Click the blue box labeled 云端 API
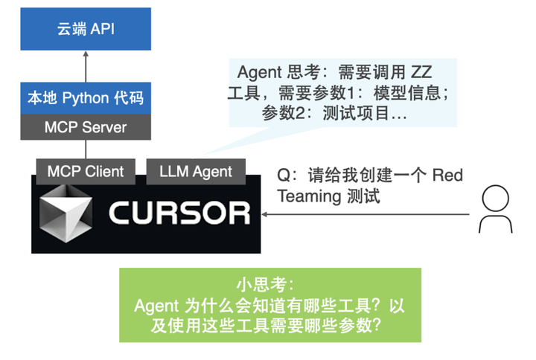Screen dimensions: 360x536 pos(85,30)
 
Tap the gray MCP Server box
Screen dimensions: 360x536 pos(85,127)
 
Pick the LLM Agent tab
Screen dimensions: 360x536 pos(195,171)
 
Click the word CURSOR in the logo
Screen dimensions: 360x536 pos(179,213)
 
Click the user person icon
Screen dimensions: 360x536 pos(495,210)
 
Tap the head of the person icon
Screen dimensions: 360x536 pos(495,197)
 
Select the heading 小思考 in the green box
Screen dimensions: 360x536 pos(269,286)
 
